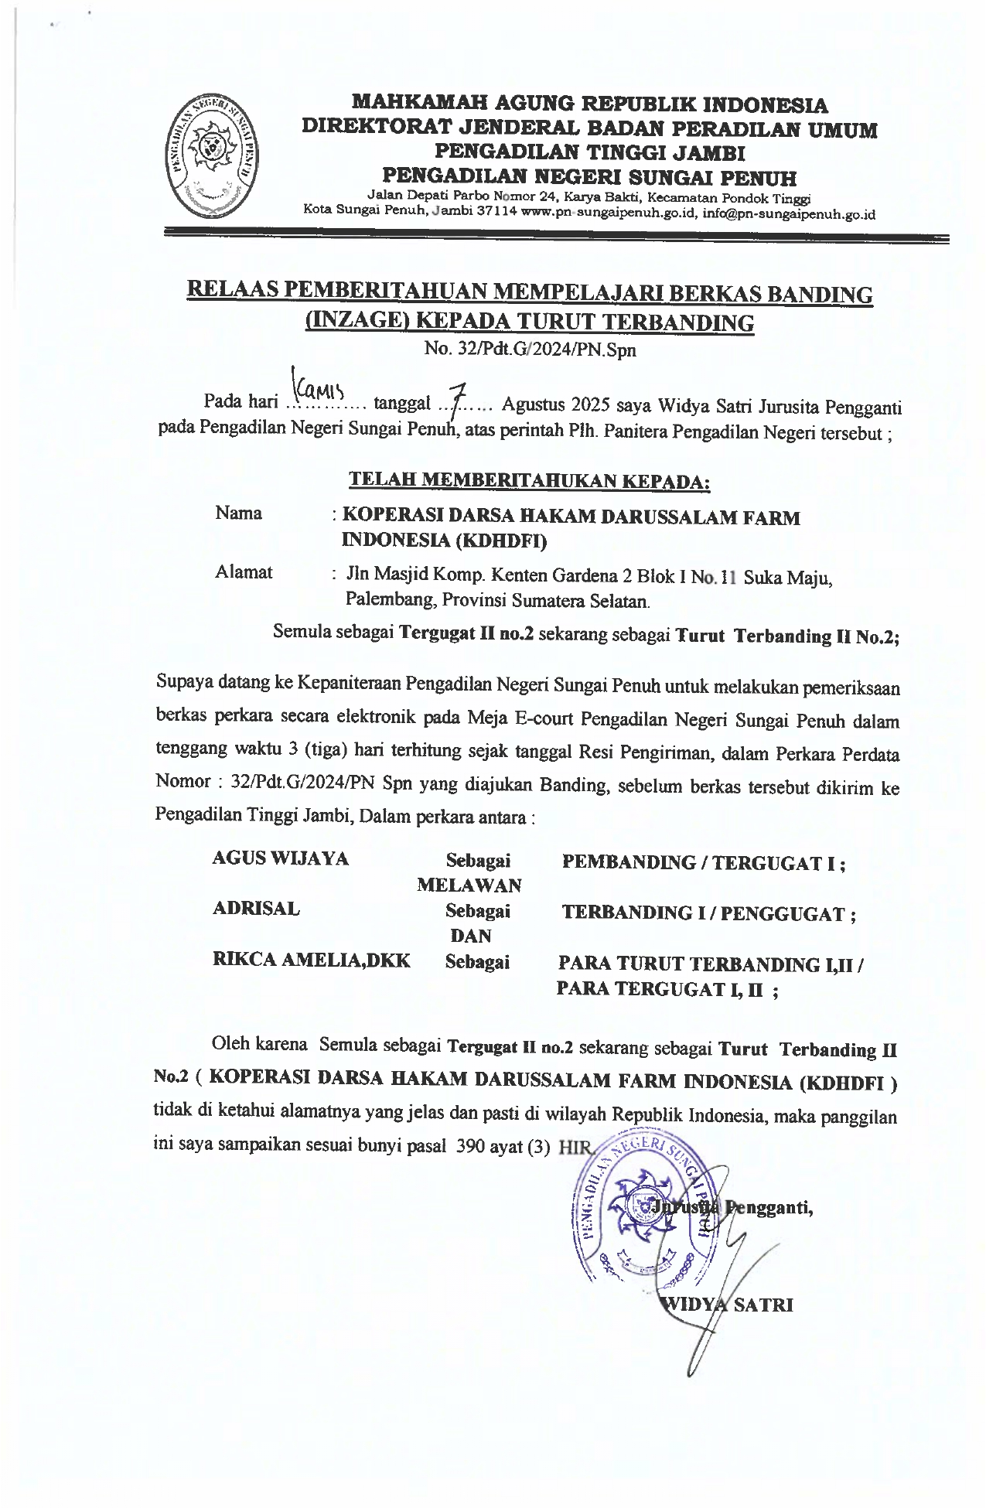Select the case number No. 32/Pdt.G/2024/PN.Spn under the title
click(530, 350)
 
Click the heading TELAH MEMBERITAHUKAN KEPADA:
click(530, 480)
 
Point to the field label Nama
click(238, 513)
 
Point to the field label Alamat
click(244, 572)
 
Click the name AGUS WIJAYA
click(280, 858)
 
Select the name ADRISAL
click(256, 909)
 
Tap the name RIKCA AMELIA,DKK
click(311, 960)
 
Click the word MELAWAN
click(469, 885)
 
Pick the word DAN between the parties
click(470, 936)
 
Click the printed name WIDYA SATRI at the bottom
click(725, 1305)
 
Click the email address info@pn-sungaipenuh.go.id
click(789, 215)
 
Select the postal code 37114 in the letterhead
click(496, 214)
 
